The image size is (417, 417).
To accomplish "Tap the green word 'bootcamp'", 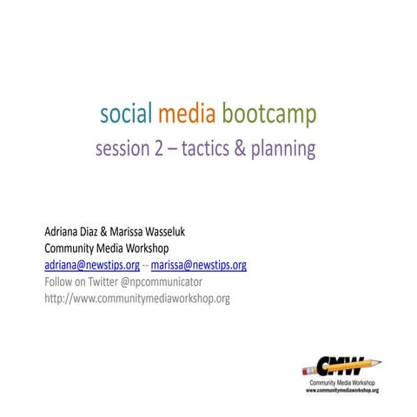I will coord(268,114).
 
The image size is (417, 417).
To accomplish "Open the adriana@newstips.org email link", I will coord(92,265).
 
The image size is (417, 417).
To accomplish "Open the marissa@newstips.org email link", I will coord(199,265).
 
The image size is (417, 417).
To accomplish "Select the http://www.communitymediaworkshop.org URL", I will coord(136,299).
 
